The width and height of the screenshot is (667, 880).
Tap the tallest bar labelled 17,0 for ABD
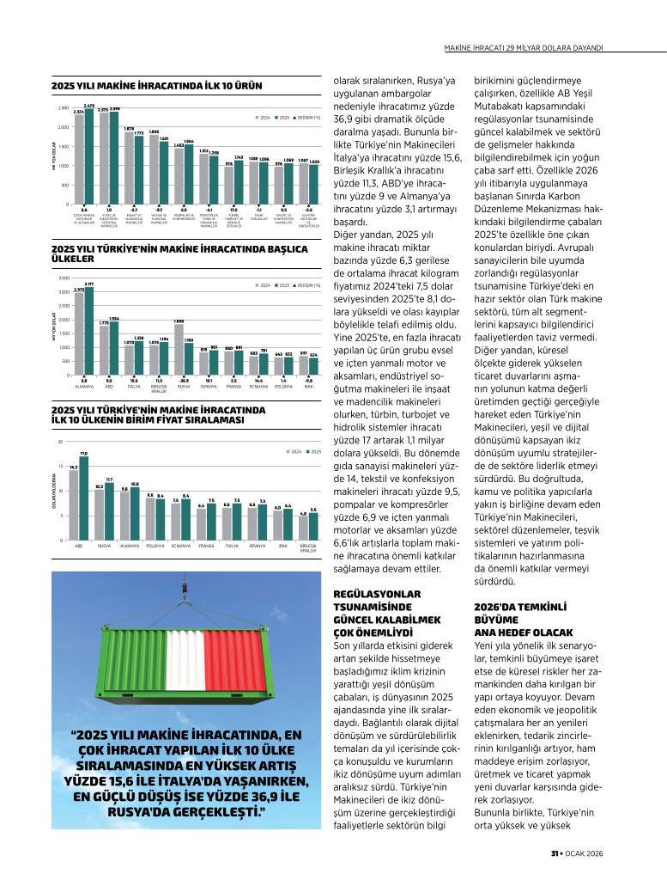coord(84,498)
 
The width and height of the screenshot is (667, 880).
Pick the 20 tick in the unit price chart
coord(61,442)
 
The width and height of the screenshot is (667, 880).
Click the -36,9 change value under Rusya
coord(184,380)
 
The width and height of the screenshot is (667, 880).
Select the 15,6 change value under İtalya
coord(134,380)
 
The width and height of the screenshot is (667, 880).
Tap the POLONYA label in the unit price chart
coord(155,546)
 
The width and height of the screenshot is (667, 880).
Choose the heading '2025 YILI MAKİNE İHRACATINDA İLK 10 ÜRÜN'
coord(156,86)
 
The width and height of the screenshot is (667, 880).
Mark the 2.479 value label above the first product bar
coord(88,106)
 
